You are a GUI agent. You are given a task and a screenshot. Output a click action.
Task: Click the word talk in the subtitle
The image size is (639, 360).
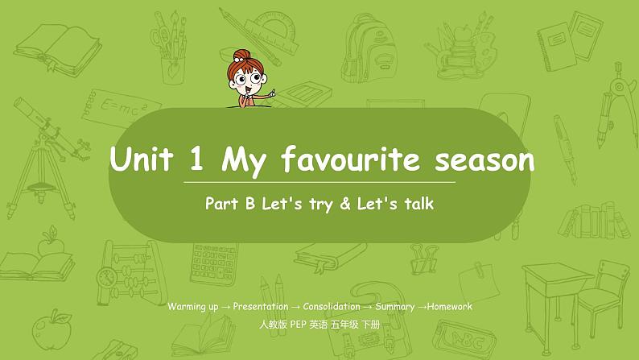click(417, 205)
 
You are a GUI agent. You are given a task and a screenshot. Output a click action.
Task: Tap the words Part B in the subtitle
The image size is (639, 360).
click(226, 205)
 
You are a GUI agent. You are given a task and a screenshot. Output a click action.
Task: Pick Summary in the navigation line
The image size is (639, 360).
click(394, 307)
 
